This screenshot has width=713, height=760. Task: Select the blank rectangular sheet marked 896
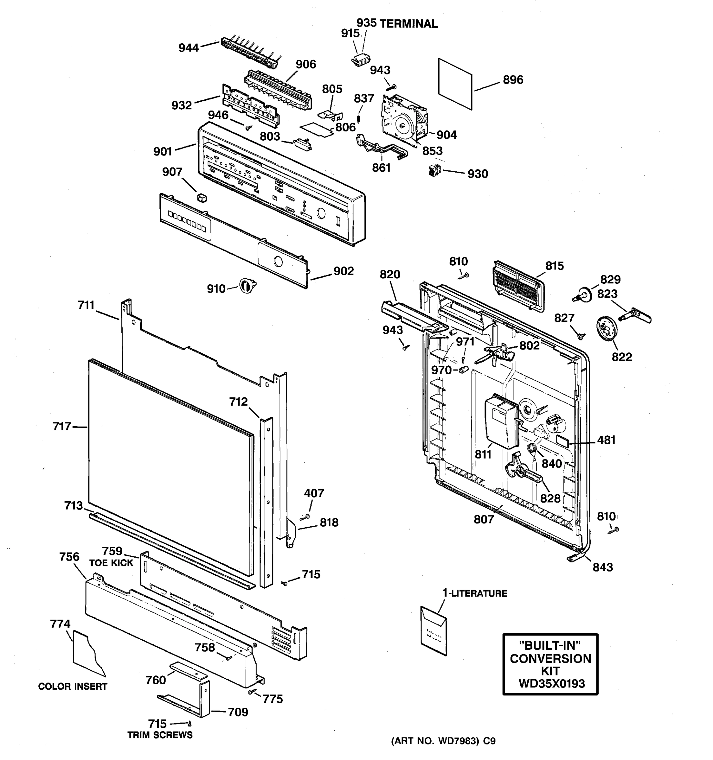(455, 84)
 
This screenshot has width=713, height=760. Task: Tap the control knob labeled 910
(247, 286)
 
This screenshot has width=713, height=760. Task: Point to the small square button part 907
(202, 198)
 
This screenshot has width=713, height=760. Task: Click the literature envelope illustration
(434, 630)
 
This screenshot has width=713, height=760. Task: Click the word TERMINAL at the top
(408, 24)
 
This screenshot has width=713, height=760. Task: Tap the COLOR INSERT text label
(73, 686)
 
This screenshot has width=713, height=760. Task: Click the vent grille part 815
(518, 286)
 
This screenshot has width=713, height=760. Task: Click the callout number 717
(61, 426)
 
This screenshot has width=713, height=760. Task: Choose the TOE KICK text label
(111, 563)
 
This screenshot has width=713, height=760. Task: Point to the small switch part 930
(434, 170)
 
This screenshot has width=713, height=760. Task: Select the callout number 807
(484, 519)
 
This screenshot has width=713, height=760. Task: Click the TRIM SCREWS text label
(160, 735)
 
